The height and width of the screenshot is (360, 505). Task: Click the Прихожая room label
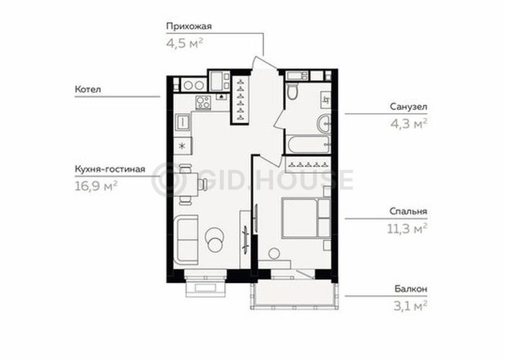pyautogui.click(x=189, y=27)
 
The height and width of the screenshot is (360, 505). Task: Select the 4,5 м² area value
pyautogui.click(x=184, y=43)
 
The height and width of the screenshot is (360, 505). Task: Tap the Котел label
pyautogui.click(x=88, y=89)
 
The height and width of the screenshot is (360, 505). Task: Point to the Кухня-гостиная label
pyautogui.click(x=110, y=169)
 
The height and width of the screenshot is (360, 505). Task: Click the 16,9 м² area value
pyautogui.click(x=96, y=186)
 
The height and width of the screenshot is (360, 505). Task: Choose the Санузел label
pyautogui.click(x=408, y=107)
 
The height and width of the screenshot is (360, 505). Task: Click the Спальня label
pyautogui.click(x=408, y=212)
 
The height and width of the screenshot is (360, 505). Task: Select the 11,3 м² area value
pyautogui.click(x=407, y=229)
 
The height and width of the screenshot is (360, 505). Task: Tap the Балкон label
pyautogui.click(x=411, y=289)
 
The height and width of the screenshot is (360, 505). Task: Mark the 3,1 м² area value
pyautogui.click(x=411, y=306)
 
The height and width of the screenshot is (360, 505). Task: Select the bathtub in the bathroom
pyautogui.click(x=308, y=144)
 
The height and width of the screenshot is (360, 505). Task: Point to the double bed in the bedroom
pyautogui.click(x=306, y=218)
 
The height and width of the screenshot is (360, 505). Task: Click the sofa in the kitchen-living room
pyautogui.click(x=186, y=240)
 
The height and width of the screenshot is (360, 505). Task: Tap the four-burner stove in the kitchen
pyautogui.click(x=203, y=103)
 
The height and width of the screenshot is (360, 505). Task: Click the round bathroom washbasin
pyautogui.click(x=324, y=124)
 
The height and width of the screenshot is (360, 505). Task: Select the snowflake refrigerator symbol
pyautogui.click(x=182, y=146)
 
